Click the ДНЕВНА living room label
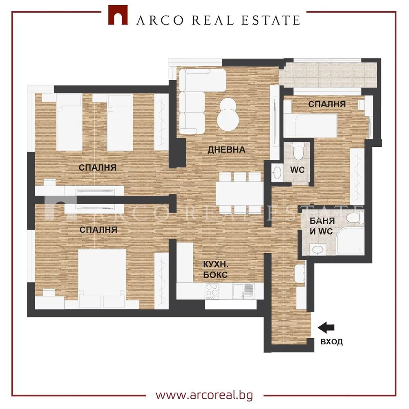coord(226,150)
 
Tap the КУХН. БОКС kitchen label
coord(215,270)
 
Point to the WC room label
coord(297,170)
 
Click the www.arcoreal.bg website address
coord(204,395)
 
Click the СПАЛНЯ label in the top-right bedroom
coord(327,104)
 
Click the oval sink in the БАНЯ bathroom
coord(317,249)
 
